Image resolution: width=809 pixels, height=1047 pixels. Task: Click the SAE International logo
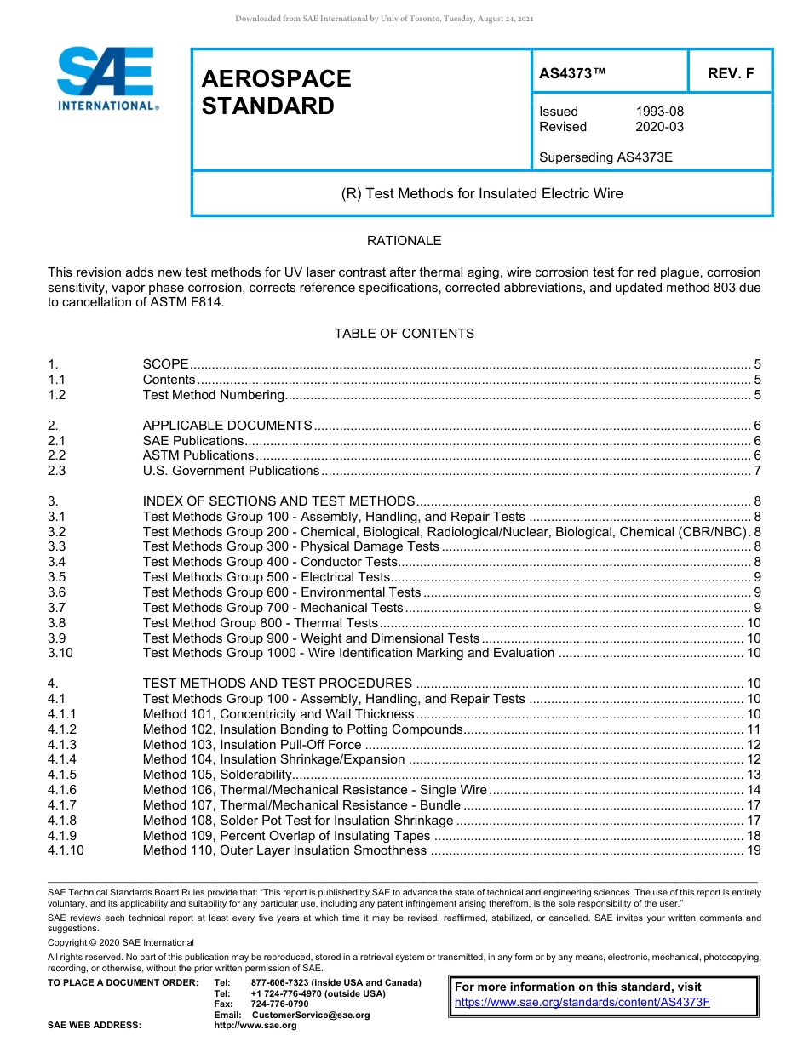[x=106, y=78]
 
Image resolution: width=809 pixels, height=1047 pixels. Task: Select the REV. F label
[x=731, y=74]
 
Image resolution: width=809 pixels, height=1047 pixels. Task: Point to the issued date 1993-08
[x=659, y=112]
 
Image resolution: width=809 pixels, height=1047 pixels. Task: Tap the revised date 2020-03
[x=659, y=127]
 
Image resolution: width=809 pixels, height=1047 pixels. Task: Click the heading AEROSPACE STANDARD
[x=276, y=92]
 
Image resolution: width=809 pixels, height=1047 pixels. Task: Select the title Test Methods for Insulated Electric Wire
[x=482, y=193]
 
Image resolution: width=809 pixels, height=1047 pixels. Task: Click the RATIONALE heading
[x=404, y=241]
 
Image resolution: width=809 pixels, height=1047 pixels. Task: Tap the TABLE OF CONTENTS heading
[x=404, y=334]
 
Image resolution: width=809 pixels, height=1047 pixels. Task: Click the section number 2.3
[x=57, y=471]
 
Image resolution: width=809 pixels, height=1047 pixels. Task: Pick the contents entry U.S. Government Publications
[x=231, y=471]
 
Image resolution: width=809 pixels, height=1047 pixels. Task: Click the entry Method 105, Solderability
[x=217, y=775]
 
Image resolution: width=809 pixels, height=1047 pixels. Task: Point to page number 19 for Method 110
[x=754, y=850]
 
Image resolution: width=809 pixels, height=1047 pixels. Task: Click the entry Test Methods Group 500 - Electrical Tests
[x=266, y=577]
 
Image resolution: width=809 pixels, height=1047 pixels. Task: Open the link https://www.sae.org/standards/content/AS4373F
[x=582, y=1002]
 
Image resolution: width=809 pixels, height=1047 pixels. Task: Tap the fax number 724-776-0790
[x=279, y=1004]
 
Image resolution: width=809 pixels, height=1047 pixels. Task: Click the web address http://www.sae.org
[x=255, y=1026]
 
